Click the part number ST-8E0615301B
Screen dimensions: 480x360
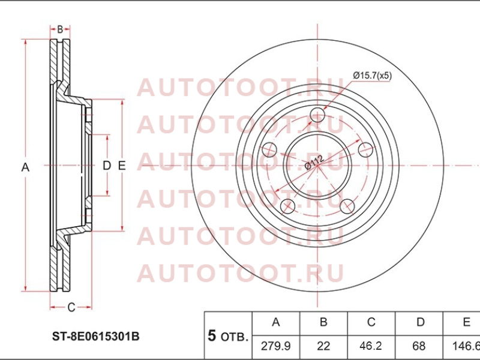click(x=95, y=337)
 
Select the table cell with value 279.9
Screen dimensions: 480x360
click(x=276, y=346)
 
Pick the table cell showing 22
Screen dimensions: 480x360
click(x=323, y=346)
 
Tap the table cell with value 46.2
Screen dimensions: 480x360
click(x=371, y=346)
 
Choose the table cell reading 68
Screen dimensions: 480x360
click(x=419, y=346)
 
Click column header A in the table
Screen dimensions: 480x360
click(x=276, y=323)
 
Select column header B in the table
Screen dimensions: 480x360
click(x=323, y=323)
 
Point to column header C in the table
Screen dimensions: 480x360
click(x=371, y=323)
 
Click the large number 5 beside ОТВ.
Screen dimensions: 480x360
click(x=212, y=336)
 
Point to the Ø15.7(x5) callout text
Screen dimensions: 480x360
click(x=372, y=76)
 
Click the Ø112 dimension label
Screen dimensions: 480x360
click(x=314, y=163)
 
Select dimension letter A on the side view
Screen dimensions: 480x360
click(x=25, y=167)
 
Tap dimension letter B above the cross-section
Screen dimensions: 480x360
click(x=60, y=29)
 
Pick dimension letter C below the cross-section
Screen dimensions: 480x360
click(x=71, y=307)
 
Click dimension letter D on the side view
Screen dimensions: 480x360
click(x=107, y=166)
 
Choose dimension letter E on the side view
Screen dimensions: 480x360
click(x=122, y=166)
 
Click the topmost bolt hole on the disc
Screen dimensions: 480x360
click(x=317, y=115)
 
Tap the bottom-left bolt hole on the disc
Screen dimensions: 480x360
click(x=288, y=206)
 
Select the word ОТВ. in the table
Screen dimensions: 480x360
click(x=234, y=337)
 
